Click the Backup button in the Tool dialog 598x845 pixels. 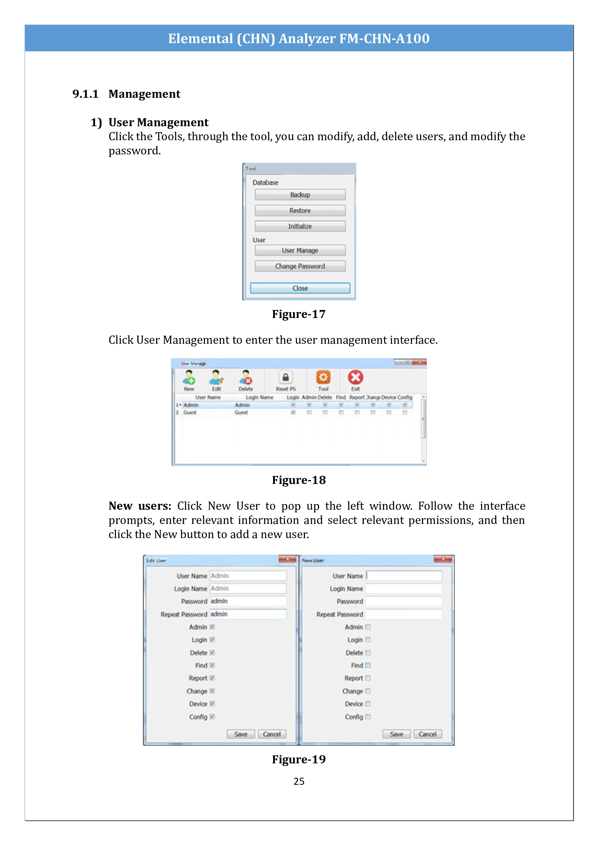click(x=300, y=195)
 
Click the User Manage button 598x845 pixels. click(x=300, y=250)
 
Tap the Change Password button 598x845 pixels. click(x=300, y=266)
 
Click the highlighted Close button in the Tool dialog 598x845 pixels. click(x=300, y=288)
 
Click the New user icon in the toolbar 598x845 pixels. click(x=189, y=378)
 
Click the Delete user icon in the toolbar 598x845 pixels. click(x=246, y=378)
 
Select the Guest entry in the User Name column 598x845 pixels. click(x=190, y=413)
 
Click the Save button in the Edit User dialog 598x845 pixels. click(x=241, y=734)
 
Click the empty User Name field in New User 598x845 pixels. click(x=404, y=576)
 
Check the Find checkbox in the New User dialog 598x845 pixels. click(x=368, y=665)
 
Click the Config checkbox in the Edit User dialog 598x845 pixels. click(x=212, y=717)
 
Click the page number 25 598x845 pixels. click(x=299, y=781)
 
